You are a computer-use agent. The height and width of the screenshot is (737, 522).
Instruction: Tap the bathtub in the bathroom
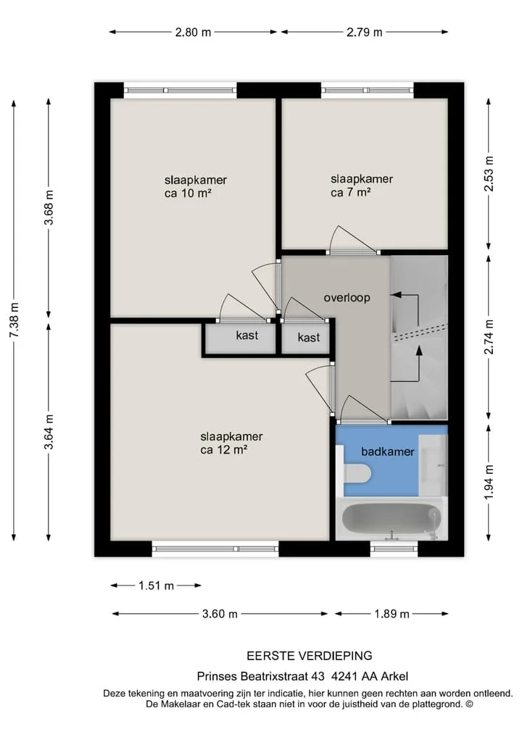coord(391,519)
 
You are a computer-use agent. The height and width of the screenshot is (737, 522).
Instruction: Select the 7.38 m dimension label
coord(14,320)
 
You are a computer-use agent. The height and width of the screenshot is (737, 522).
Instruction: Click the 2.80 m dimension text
coord(193,33)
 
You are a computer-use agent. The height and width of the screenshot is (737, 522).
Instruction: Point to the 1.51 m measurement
coord(156,586)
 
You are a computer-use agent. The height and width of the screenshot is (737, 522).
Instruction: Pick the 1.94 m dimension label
coord(489,482)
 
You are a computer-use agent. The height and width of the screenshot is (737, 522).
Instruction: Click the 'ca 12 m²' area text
coord(224,450)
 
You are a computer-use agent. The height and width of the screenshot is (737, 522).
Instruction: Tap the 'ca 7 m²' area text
coord(351,192)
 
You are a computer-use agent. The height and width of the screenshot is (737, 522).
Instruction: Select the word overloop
coord(347,298)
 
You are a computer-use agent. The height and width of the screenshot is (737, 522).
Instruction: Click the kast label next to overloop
coord(309,337)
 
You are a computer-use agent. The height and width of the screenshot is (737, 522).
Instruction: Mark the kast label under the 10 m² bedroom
coord(247,335)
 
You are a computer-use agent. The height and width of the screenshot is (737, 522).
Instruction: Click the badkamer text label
coord(387,451)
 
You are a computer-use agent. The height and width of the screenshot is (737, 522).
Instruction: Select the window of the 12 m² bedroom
coord(215,549)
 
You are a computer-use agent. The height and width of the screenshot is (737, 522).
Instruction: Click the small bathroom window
coord(394,549)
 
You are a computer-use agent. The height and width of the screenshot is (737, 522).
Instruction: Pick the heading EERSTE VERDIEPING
coord(310,656)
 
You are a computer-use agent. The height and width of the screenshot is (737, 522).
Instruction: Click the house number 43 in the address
coord(318,676)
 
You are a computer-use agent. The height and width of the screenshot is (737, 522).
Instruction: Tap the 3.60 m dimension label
coord(220,614)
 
